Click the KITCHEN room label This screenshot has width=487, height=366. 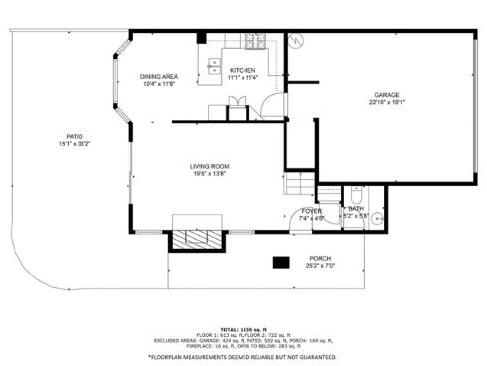click(243, 69)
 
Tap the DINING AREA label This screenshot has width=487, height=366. click(159, 76)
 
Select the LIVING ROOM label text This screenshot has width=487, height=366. click(210, 166)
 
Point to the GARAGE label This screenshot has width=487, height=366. click(387, 95)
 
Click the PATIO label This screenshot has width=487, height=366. click(75, 136)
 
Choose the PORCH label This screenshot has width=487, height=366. click(319, 258)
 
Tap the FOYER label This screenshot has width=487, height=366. click(311, 211)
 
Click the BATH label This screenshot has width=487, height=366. click(355, 209)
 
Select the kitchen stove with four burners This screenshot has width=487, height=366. click(255, 44)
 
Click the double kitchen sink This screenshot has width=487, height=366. click(214, 67)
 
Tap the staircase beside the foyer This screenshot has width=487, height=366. click(298, 184)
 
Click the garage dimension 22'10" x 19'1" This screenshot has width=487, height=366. click(387, 102)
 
